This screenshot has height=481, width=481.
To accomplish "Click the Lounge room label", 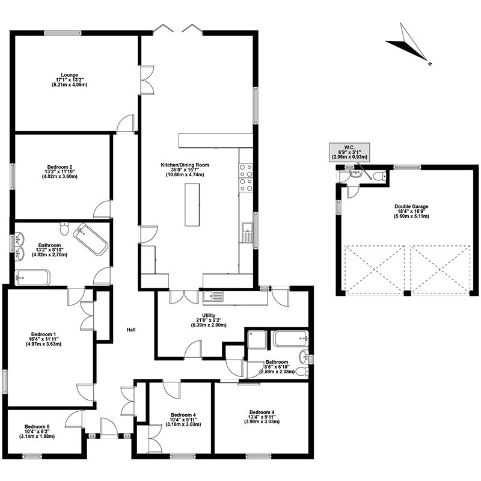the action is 70,80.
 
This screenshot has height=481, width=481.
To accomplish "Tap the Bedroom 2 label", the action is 60,172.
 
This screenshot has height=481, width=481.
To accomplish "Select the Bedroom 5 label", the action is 37,431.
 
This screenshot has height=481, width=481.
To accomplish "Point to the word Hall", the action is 131,329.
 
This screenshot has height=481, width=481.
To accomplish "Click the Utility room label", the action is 209,320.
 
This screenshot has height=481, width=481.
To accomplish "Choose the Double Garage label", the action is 411,211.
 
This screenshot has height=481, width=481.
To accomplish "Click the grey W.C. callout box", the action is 349,152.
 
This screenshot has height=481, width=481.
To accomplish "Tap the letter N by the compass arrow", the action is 430,64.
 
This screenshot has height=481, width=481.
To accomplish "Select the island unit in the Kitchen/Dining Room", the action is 192,205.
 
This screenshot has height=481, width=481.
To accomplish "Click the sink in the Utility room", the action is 213,296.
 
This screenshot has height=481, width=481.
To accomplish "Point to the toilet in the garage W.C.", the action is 379,177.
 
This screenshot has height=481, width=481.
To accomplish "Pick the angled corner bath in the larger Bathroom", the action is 91,239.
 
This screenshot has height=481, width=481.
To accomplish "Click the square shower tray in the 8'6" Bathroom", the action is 257,340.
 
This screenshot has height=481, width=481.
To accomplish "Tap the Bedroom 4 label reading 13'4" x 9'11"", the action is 262,417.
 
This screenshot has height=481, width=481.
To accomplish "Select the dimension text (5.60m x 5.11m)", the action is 411,216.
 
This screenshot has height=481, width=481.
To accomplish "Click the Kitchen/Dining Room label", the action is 185,170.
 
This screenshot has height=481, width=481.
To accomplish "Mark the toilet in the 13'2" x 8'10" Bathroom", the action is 64,228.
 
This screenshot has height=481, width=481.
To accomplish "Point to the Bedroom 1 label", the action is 43,339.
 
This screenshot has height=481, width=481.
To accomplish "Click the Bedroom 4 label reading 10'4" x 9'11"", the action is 183,420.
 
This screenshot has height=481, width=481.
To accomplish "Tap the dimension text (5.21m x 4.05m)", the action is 70,85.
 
